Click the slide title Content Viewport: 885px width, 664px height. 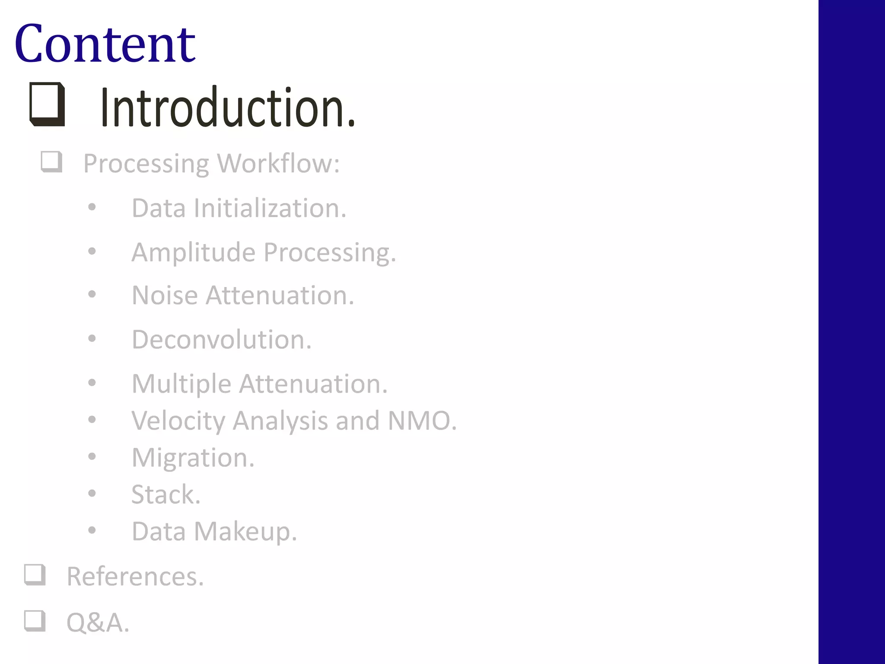(x=105, y=44)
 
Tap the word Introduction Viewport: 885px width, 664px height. (x=228, y=108)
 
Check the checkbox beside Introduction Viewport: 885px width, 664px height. (x=47, y=104)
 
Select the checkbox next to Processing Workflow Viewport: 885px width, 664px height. (x=51, y=162)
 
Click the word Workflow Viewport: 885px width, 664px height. (x=278, y=164)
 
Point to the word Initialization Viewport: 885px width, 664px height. (x=270, y=208)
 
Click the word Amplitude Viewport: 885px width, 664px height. (x=193, y=252)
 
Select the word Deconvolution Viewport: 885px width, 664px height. (x=221, y=340)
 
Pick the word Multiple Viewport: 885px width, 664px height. (x=181, y=384)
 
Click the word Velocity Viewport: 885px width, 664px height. (x=178, y=421)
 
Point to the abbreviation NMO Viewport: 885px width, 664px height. (x=422, y=421)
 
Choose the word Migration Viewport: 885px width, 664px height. (x=193, y=458)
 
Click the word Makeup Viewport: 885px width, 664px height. (x=245, y=532)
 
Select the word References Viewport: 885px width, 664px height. (x=135, y=577)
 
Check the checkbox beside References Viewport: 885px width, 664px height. (x=35, y=575)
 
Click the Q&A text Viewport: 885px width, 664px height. (x=98, y=623)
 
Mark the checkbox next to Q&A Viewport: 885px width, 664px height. (x=35, y=620)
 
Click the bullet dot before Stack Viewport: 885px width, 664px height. (x=92, y=493)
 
